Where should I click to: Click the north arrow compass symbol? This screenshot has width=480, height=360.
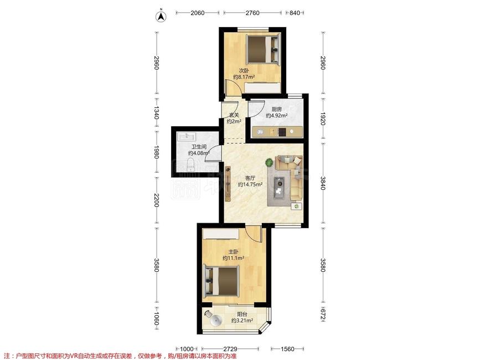[x=161, y=17]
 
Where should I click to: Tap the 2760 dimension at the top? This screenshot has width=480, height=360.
[x=252, y=13]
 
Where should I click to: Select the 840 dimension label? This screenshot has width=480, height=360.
[x=295, y=13]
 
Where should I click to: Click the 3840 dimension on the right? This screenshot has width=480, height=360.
[x=323, y=183]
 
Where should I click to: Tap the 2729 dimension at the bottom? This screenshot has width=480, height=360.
[x=230, y=349]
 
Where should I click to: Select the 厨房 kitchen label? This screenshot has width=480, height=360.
[x=277, y=109]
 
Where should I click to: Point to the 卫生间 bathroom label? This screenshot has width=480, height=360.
[x=199, y=147]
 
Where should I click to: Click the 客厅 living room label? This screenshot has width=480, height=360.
[x=250, y=178]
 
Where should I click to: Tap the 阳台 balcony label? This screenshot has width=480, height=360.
[x=242, y=314]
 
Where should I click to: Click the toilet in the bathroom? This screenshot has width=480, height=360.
[x=190, y=164]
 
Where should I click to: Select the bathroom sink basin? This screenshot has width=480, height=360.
[x=187, y=136]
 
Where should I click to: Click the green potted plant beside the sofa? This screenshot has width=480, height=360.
[x=270, y=162]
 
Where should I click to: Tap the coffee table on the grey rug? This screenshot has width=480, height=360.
[x=280, y=187]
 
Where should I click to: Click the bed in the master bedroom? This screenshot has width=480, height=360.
[x=221, y=281]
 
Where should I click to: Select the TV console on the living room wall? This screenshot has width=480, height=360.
[x=228, y=184]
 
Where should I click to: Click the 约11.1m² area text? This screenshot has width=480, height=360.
[x=233, y=258]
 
